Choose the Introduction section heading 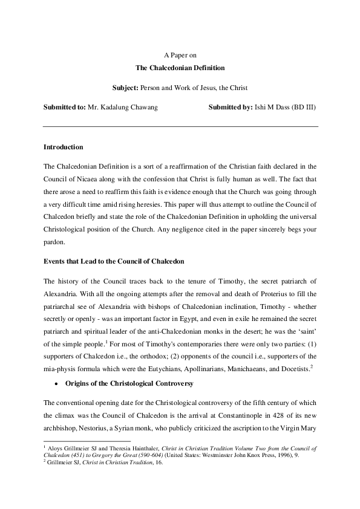click(x=64, y=147)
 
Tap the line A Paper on click(x=180, y=55)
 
